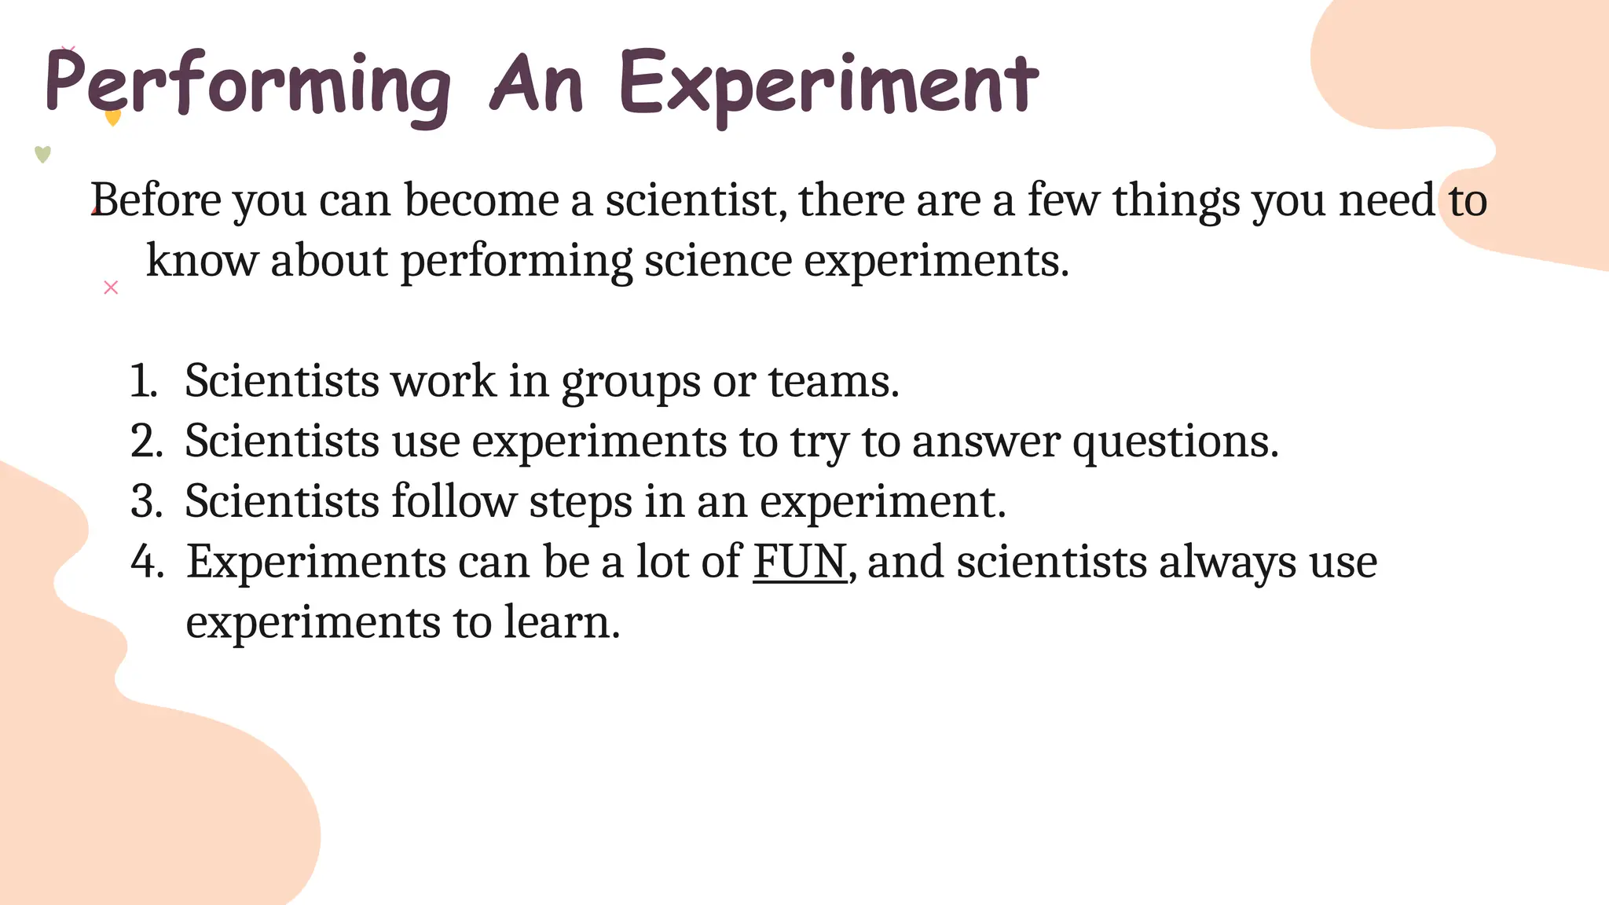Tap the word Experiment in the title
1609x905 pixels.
pyautogui.click(x=829, y=85)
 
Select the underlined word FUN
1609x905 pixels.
pyautogui.click(x=800, y=562)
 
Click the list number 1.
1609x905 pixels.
pyautogui.click(x=143, y=382)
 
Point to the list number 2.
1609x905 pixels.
pyautogui.click(x=146, y=442)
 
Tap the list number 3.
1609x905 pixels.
pyautogui.click(x=146, y=502)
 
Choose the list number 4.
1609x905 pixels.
pyautogui.click(x=147, y=562)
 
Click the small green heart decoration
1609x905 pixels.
pyautogui.click(x=43, y=154)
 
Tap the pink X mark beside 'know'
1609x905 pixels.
pyautogui.click(x=111, y=288)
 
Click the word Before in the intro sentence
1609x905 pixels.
pyautogui.click(x=156, y=200)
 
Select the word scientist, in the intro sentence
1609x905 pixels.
pyautogui.click(x=695, y=200)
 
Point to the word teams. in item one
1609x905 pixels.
pyautogui.click(x=833, y=382)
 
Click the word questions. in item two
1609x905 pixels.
pyautogui.click(x=1175, y=442)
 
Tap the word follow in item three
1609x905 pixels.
pyautogui.click(x=453, y=502)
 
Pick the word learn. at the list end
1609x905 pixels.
pyautogui.click(x=562, y=623)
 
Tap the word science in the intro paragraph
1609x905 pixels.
pyautogui.click(x=718, y=261)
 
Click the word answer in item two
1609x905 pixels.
pyautogui.click(x=986, y=442)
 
